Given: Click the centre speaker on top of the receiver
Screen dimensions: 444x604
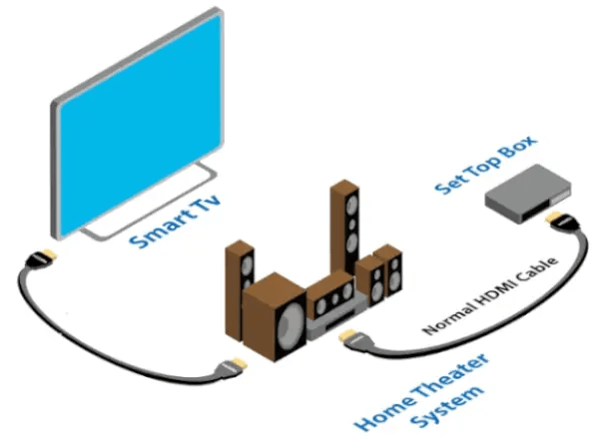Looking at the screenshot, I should tap(330, 295).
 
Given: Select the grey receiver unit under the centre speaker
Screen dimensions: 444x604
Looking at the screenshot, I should tap(329, 323).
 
